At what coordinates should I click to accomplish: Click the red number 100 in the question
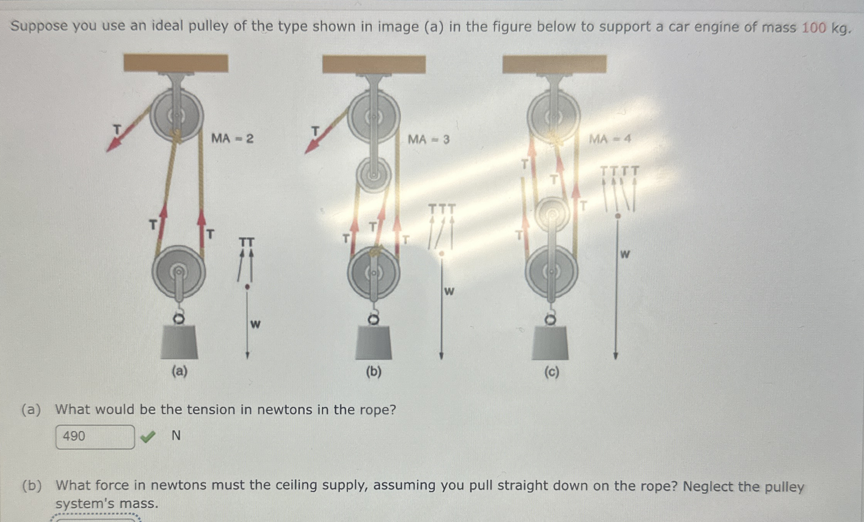click(x=814, y=28)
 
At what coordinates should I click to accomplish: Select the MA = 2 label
click(x=232, y=138)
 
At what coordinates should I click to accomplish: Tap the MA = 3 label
click(x=429, y=139)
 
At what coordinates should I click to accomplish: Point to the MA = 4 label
click(x=610, y=139)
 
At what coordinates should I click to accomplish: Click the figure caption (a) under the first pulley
click(x=179, y=371)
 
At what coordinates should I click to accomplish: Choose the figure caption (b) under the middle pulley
click(x=373, y=372)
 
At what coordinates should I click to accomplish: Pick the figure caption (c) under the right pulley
click(x=551, y=372)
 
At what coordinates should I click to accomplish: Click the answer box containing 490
click(x=95, y=437)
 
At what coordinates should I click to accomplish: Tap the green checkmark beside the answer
click(x=148, y=436)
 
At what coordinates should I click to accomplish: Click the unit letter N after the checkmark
click(x=176, y=435)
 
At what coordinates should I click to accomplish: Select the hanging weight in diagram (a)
click(x=179, y=342)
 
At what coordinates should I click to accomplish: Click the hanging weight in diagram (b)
click(x=373, y=343)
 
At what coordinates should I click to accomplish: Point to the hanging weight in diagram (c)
click(x=550, y=343)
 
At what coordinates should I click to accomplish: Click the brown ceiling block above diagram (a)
click(x=176, y=63)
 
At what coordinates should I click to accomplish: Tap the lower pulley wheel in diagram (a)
click(x=178, y=272)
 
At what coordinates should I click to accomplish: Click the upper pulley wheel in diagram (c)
click(x=553, y=115)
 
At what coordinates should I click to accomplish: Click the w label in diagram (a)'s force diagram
click(x=255, y=324)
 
